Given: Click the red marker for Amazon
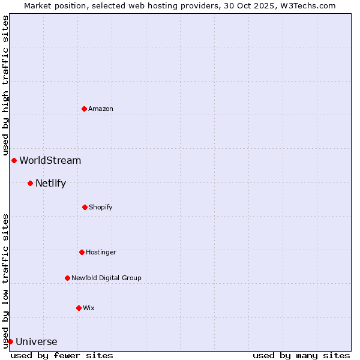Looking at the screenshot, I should point(84,109).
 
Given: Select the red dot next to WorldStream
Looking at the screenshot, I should point(14,160).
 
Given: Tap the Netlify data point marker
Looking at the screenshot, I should point(30,183).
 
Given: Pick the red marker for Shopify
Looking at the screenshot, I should point(85,207).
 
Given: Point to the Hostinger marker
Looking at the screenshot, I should point(82,252).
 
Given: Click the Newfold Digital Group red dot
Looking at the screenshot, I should point(67,278).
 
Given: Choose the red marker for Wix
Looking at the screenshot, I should point(79,308).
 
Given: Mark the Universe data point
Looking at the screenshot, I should point(10,341).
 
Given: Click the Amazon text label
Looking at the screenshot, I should point(101,109).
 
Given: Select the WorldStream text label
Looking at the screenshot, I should point(50,160).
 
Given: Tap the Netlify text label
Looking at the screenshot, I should point(51,183).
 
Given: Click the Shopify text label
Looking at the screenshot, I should point(101,207).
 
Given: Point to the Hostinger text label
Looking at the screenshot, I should point(101,252).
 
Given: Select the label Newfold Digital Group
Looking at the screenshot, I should point(107,278).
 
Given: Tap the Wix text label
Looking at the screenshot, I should point(89,308).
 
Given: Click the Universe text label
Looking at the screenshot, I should point(37,342).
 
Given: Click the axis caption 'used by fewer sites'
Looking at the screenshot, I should point(62,355).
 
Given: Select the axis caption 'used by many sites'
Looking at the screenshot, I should point(301,355).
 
